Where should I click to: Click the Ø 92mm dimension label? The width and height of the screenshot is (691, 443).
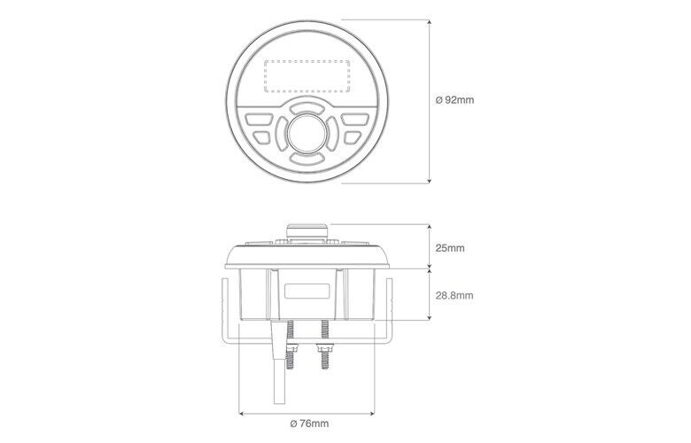454,100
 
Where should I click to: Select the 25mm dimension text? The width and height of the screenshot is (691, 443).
450,248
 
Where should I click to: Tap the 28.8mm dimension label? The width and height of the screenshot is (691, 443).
454,295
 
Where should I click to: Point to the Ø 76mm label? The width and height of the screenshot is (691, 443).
309,424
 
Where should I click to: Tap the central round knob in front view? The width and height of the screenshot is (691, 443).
307,131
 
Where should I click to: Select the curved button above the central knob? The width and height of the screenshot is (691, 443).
307,107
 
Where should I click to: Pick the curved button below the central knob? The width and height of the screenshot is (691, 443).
307,158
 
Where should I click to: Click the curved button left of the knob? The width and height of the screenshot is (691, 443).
281,132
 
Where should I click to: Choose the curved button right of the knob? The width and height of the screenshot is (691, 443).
333,132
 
